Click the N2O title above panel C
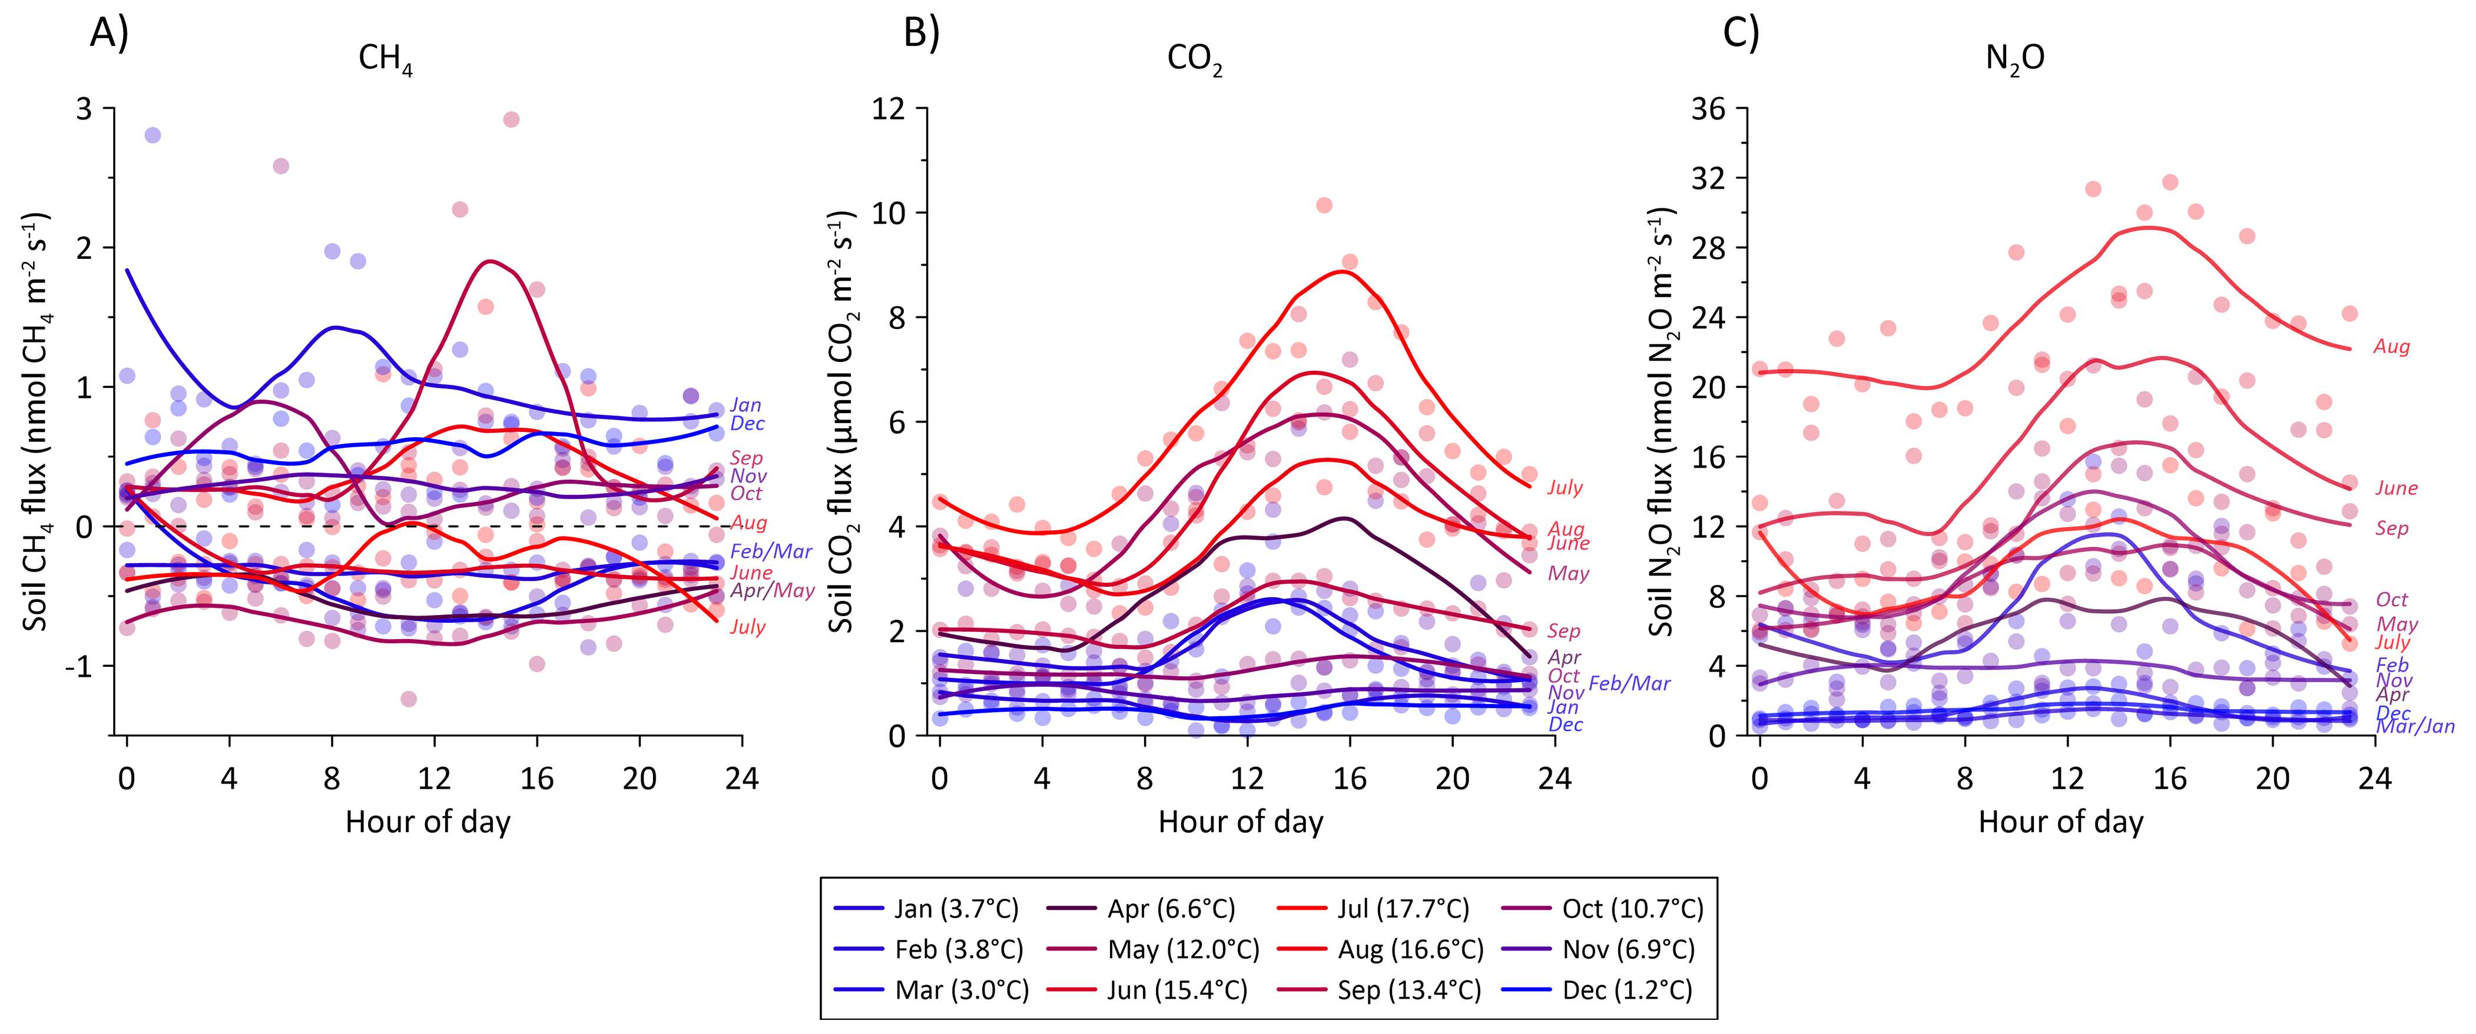(x=2014, y=59)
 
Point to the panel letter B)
(x=922, y=33)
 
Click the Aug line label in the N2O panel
(x=2391, y=347)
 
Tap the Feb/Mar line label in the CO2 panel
(x=1629, y=683)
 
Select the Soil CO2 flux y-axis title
(x=842, y=423)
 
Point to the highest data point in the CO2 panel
(x=1324, y=205)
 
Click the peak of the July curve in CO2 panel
(x=1342, y=271)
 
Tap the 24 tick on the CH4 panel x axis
(x=742, y=779)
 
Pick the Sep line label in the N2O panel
(x=2391, y=528)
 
